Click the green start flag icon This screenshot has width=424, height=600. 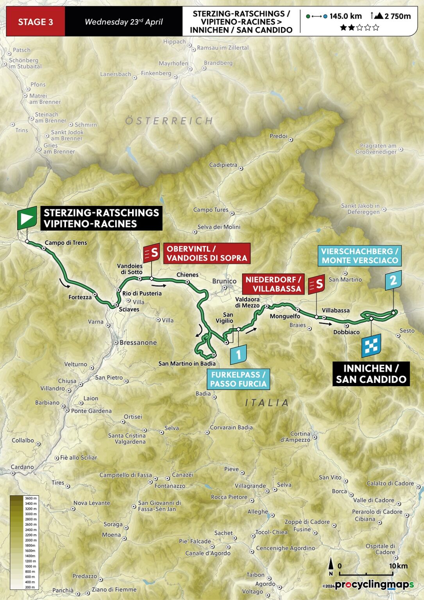(x=27, y=218)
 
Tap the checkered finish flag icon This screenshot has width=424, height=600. (x=371, y=345)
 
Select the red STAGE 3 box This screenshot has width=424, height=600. (x=36, y=22)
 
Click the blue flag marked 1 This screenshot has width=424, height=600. (x=238, y=355)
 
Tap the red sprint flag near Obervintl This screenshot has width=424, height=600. (x=152, y=253)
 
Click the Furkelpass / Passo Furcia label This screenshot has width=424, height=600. (x=238, y=379)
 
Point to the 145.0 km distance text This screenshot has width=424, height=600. (x=345, y=16)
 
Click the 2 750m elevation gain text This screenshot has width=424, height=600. (x=397, y=16)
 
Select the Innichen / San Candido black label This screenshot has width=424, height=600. (x=371, y=374)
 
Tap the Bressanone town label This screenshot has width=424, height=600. (x=138, y=343)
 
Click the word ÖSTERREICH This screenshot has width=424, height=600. (x=169, y=121)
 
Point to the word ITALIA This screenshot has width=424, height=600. (x=267, y=402)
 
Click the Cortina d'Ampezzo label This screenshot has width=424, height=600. (x=300, y=437)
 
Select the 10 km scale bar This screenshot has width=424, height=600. (x=366, y=574)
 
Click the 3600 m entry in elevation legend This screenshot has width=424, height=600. (x=31, y=498)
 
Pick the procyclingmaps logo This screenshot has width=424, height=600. (x=374, y=585)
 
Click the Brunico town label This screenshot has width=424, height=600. (x=224, y=281)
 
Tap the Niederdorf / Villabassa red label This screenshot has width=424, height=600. (x=273, y=284)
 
